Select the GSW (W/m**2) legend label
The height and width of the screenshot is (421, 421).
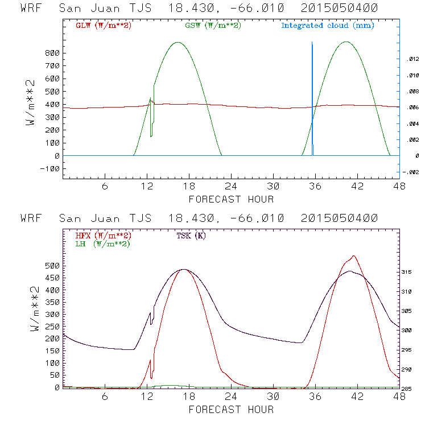212,25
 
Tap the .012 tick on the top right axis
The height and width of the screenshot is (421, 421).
411,59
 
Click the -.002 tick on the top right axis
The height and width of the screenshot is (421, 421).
410,172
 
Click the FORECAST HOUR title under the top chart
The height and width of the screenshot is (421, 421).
231,199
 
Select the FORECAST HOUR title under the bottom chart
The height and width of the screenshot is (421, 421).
231,409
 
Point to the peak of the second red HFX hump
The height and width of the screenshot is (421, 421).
354,256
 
